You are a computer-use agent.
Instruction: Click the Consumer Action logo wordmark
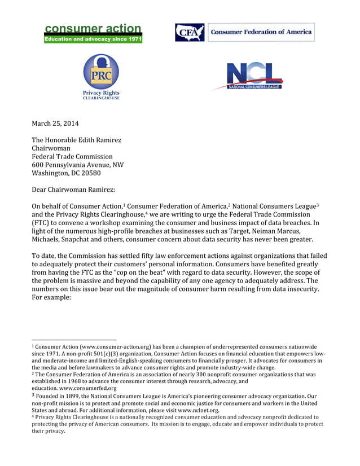click(93, 29)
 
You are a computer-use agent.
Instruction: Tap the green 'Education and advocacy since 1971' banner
click(93, 39)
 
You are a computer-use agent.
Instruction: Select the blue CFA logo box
click(190, 32)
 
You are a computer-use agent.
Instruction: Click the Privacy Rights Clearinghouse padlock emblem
click(101, 71)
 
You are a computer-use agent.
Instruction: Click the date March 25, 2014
click(55, 124)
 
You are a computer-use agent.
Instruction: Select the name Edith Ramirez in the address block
click(100, 140)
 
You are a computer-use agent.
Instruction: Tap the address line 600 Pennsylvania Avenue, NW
click(77, 165)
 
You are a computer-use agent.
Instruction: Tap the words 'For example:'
click(51, 297)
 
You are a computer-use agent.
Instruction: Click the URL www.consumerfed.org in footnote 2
click(88, 388)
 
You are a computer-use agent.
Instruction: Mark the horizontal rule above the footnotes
click(73, 340)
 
